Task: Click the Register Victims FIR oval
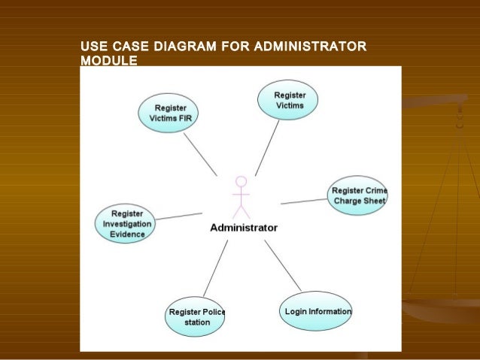pos(169,113)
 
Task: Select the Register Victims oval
pos(289,101)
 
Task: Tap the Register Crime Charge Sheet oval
pos(358,195)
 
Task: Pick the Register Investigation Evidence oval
pos(126,223)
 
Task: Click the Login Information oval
pos(316,310)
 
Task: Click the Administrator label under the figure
pos(243,227)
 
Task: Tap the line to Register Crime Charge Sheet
pos(304,201)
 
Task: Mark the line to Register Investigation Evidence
pos(178,216)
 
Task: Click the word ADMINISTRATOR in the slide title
pos(310,50)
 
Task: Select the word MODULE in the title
pos(108,61)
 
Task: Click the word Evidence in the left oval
pos(127,234)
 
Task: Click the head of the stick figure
pos(241,181)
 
